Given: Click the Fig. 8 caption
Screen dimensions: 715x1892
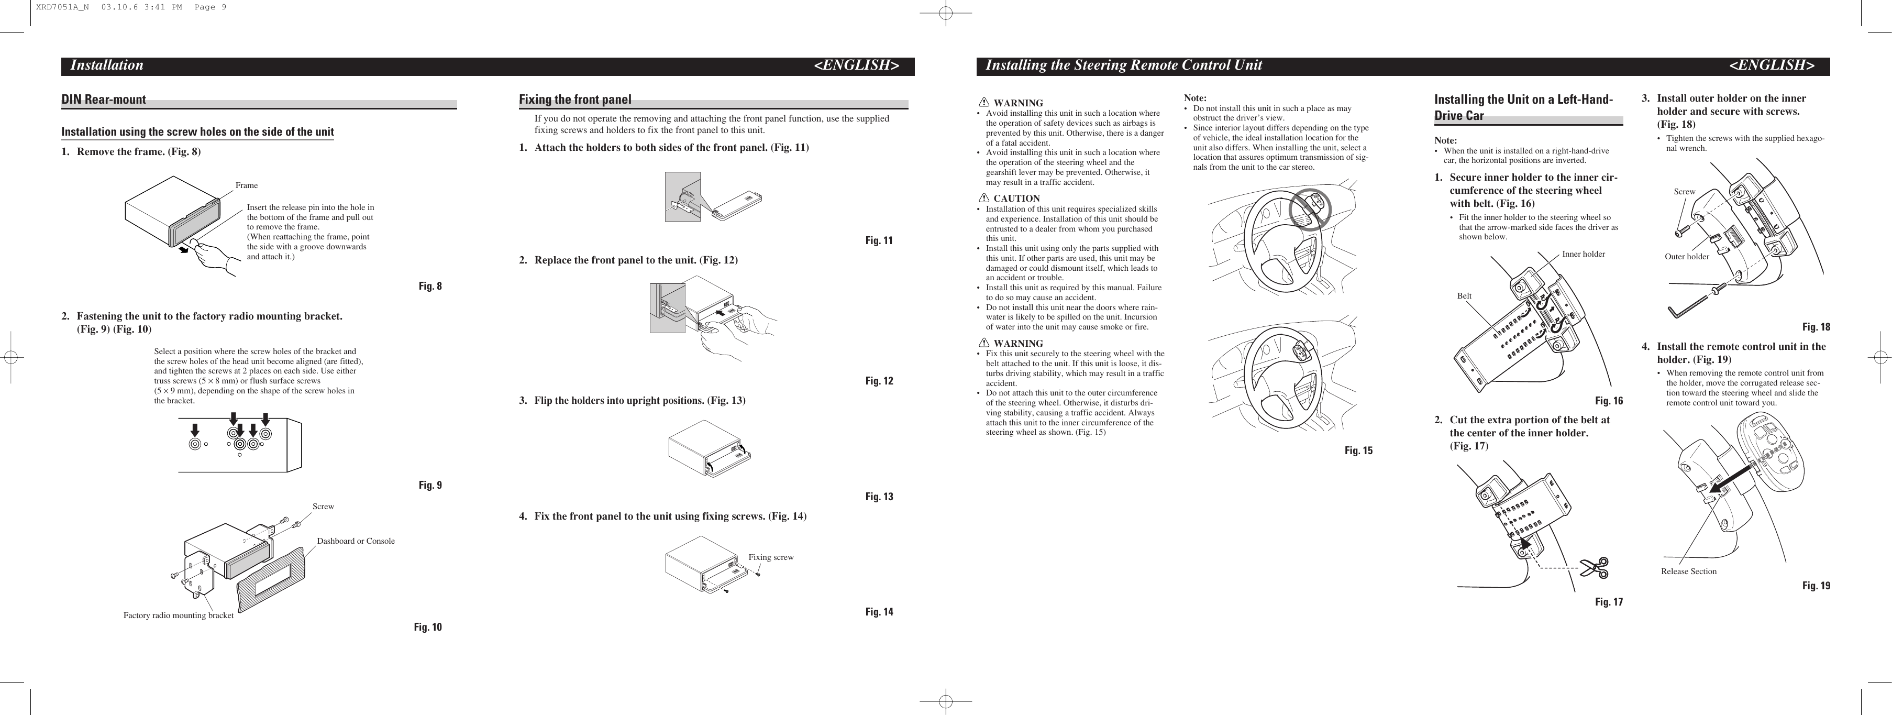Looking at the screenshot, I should click(429, 287).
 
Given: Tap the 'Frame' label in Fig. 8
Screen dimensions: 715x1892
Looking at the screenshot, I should click(246, 185).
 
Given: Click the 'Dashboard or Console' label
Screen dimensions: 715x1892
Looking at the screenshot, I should click(356, 541).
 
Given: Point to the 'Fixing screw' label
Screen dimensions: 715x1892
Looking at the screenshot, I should click(770, 557).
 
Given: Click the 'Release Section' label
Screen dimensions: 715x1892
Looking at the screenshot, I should click(1688, 571).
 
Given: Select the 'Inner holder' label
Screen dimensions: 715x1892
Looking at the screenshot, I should click(1583, 254).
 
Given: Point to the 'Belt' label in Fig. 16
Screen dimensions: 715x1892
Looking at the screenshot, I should click(1464, 296).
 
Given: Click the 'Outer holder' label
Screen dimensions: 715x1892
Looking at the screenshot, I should click(1686, 257).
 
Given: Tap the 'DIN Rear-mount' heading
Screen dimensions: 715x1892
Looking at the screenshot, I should click(104, 99).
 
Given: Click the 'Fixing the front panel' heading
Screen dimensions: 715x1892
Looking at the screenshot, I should click(575, 99).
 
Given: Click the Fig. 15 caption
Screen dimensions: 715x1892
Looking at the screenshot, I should click(1358, 450).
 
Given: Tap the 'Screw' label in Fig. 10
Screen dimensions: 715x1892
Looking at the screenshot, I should click(323, 507).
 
